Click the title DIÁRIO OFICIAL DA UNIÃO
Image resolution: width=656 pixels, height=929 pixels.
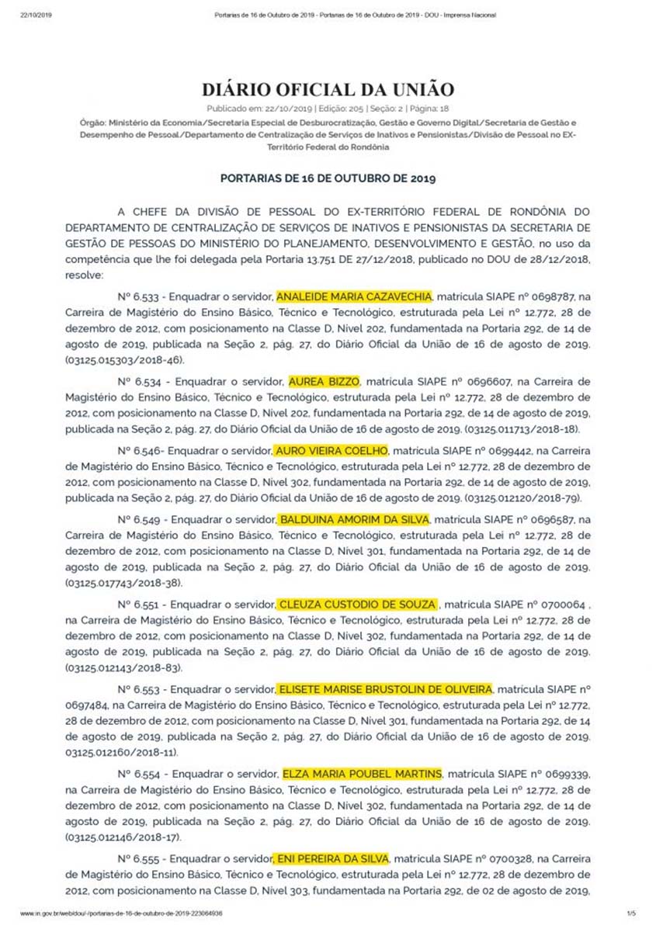point(328,89)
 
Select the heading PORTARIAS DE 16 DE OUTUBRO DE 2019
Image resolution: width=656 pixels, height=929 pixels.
point(328,178)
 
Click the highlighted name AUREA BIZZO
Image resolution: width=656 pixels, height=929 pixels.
point(324,382)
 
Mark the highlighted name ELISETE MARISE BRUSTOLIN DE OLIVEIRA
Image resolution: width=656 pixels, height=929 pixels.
point(385,688)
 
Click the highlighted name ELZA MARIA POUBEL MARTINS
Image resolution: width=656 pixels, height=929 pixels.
point(362,774)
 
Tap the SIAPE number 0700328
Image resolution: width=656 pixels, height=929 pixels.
point(512,859)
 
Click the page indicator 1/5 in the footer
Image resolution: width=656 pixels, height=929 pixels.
point(630,913)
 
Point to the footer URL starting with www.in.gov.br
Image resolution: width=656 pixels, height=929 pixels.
point(120,913)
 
